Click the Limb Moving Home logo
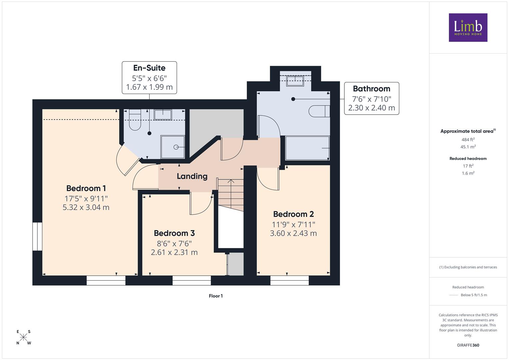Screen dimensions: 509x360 tap(468, 27)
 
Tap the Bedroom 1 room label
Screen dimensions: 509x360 tap(86, 188)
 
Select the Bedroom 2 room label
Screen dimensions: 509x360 tap(293, 214)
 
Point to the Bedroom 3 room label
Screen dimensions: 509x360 tap(174, 233)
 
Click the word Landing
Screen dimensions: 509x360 tap(192, 176)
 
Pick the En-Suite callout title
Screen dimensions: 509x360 tap(149, 68)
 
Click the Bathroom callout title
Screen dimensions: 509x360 tap(372, 89)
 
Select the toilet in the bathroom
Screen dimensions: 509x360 tap(319, 111)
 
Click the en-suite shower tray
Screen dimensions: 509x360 tap(173, 147)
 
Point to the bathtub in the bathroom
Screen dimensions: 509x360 tap(307, 148)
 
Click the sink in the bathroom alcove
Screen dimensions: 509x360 tap(295, 81)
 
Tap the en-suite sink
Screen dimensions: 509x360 tap(163, 115)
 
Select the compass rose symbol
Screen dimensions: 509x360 tap(23, 337)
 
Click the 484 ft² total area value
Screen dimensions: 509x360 tap(468, 140)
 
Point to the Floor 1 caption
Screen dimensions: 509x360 tap(216, 296)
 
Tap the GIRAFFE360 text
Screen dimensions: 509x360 tap(468, 345)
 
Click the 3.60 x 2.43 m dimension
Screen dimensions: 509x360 tap(293, 233)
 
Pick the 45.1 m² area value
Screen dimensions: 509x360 tap(468, 147)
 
